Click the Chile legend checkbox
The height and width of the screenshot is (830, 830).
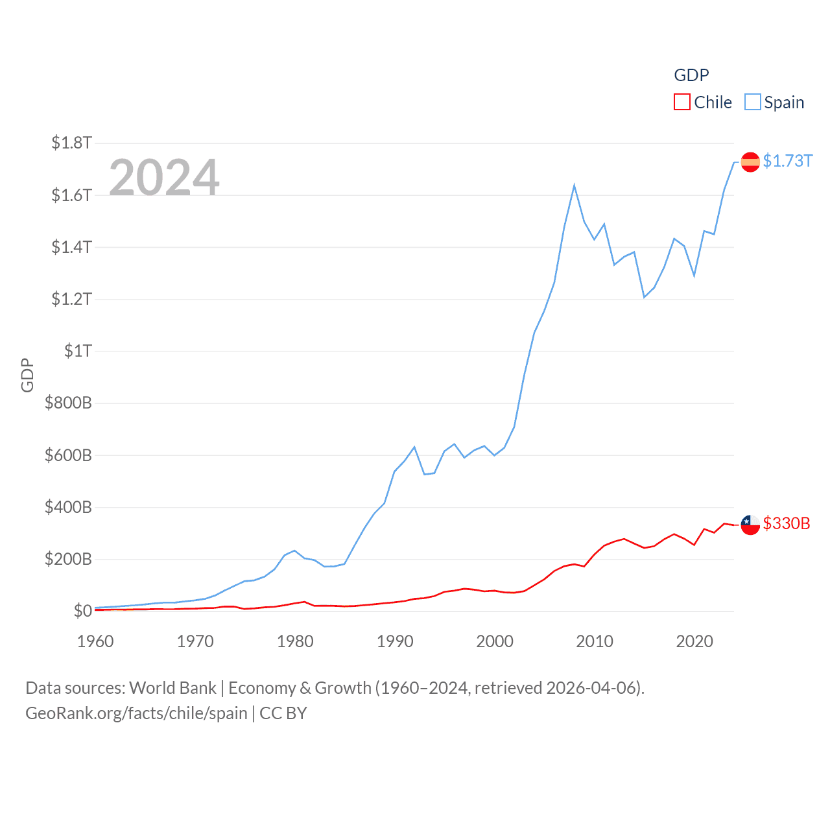pyautogui.click(x=682, y=102)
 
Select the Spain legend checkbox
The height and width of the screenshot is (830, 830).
pyautogui.click(x=752, y=102)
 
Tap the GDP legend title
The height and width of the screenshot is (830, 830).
pyautogui.click(x=691, y=75)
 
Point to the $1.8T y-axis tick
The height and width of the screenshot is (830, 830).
pyautogui.click(x=71, y=143)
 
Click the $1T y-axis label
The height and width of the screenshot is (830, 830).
pyautogui.click(x=78, y=351)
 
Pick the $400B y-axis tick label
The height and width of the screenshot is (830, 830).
pyautogui.click(x=68, y=507)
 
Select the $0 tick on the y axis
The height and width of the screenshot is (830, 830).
pyautogui.click(x=82, y=611)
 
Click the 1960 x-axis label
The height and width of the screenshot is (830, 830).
pyautogui.click(x=95, y=641)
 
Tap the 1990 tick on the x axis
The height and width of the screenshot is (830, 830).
pyautogui.click(x=395, y=641)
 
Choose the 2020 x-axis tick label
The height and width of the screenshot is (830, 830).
pyautogui.click(x=694, y=641)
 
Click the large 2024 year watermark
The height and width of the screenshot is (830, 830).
pyautogui.click(x=164, y=177)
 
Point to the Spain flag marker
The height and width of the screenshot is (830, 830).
pyautogui.click(x=750, y=161)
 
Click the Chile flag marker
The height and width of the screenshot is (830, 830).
pyautogui.click(x=750, y=525)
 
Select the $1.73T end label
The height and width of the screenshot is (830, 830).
pyautogui.click(x=787, y=161)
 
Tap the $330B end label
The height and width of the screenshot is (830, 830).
pyautogui.click(x=787, y=523)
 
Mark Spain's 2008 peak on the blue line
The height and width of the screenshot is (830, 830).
pyautogui.click(x=575, y=186)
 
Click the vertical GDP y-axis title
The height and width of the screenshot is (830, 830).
pyautogui.click(x=27, y=375)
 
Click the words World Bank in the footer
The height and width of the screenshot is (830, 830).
pyautogui.click(x=172, y=688)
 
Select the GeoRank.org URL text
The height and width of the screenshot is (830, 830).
pyautogui.click(x=136, y=713)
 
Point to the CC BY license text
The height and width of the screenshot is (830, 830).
pyautogui.click(x=283, y=713)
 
